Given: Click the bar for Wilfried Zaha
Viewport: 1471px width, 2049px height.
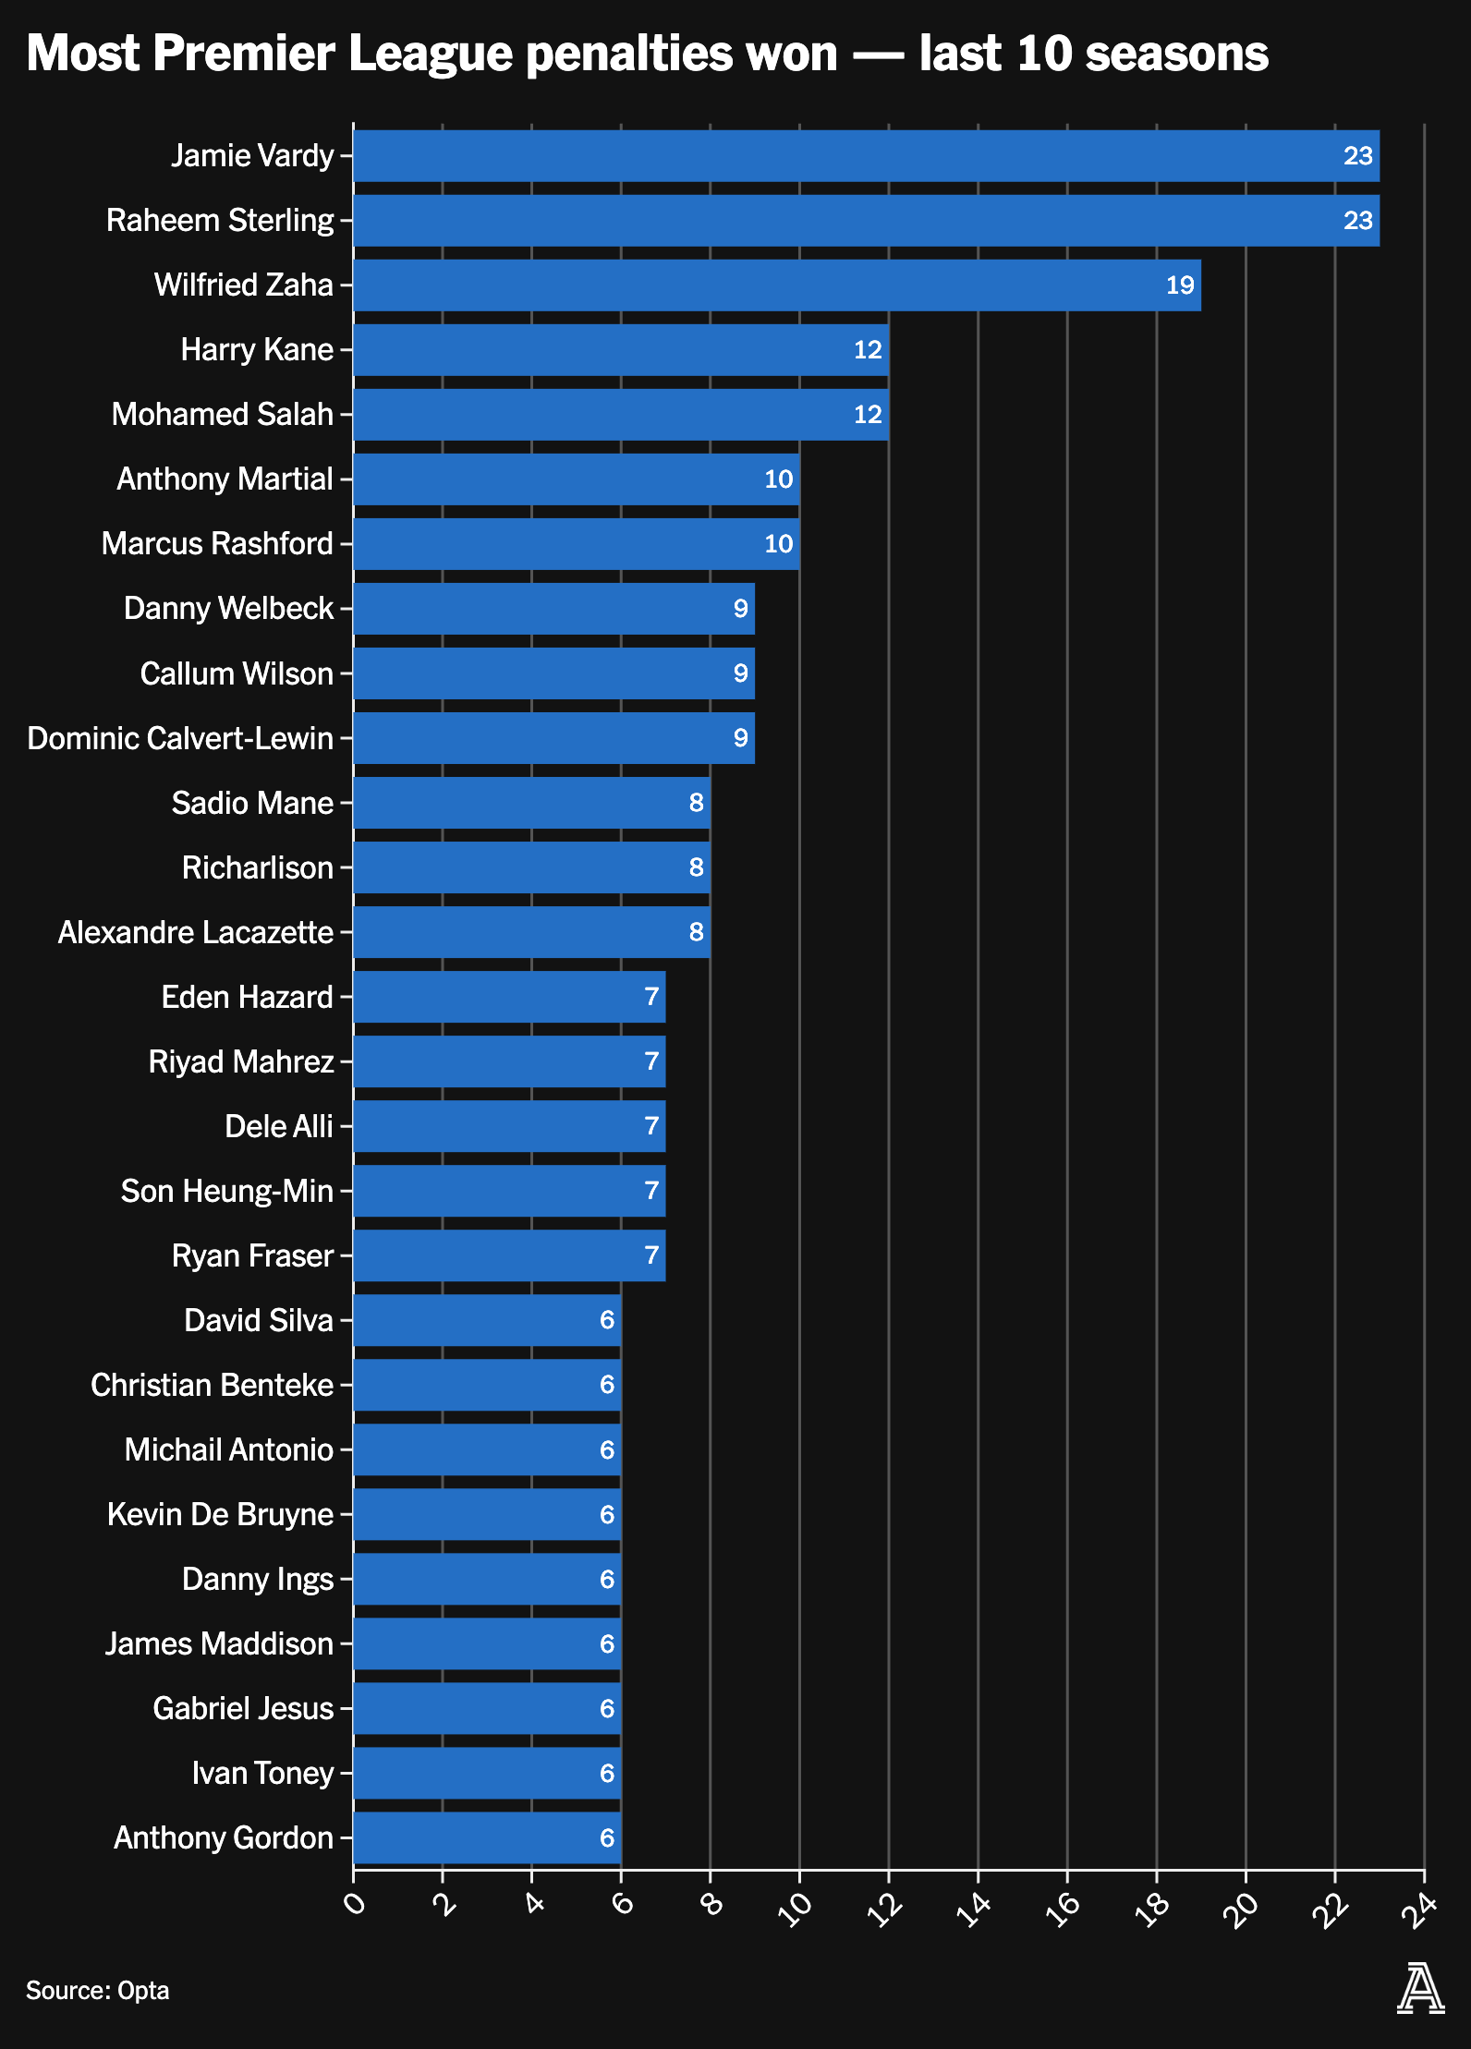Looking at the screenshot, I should click(776, 285).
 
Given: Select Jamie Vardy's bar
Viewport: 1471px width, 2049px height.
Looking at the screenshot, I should click(866, 156).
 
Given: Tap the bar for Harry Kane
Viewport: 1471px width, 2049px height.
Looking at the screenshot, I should click(620, 350).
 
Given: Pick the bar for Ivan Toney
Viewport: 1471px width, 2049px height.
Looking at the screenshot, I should click(486, 1773).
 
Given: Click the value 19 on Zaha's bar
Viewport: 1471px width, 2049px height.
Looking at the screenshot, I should click(1180, 285).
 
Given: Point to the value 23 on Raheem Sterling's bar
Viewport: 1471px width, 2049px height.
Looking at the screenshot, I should click(1357, 221).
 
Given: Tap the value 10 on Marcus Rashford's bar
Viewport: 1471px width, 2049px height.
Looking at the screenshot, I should click(778, 544).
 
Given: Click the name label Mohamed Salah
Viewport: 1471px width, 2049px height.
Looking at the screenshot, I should click(222, 415).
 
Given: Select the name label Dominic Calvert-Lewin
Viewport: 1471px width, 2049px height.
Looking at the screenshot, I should click(180, 738).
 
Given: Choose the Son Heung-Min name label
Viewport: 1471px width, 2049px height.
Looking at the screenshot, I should click(226, 1191).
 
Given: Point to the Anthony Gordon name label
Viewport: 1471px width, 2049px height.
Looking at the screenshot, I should click(223, 1837).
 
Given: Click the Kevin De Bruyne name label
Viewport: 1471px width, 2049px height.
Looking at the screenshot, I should click(220, 1514).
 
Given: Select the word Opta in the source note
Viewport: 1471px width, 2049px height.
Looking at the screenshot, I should click(143, 1990).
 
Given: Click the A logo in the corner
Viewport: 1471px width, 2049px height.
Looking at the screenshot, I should click(1420, 1989).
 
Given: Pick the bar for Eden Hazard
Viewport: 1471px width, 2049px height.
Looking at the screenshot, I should click(509, 997).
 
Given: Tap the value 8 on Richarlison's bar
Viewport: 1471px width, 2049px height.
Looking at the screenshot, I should click(696, 867).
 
